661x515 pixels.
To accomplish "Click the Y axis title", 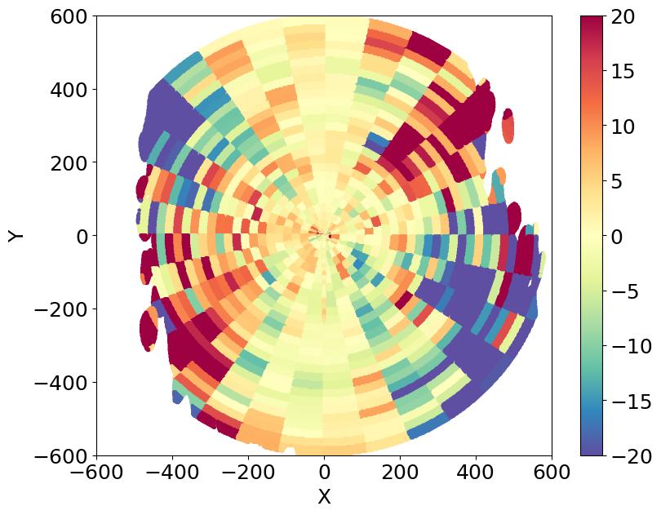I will pos(16,236).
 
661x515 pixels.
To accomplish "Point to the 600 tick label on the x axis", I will pos(552,473).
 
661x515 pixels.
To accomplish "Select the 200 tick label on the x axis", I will pos(400,473).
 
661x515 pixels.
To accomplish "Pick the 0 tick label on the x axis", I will pos(324,473).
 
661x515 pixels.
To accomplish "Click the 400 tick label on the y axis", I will pos(70,90).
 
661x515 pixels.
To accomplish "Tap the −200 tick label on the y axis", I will pos(64,309).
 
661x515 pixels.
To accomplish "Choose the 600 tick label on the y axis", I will pos(70,16).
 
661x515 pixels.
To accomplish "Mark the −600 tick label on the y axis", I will pos(64,455).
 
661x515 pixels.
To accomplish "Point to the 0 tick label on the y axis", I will pos(82,236).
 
